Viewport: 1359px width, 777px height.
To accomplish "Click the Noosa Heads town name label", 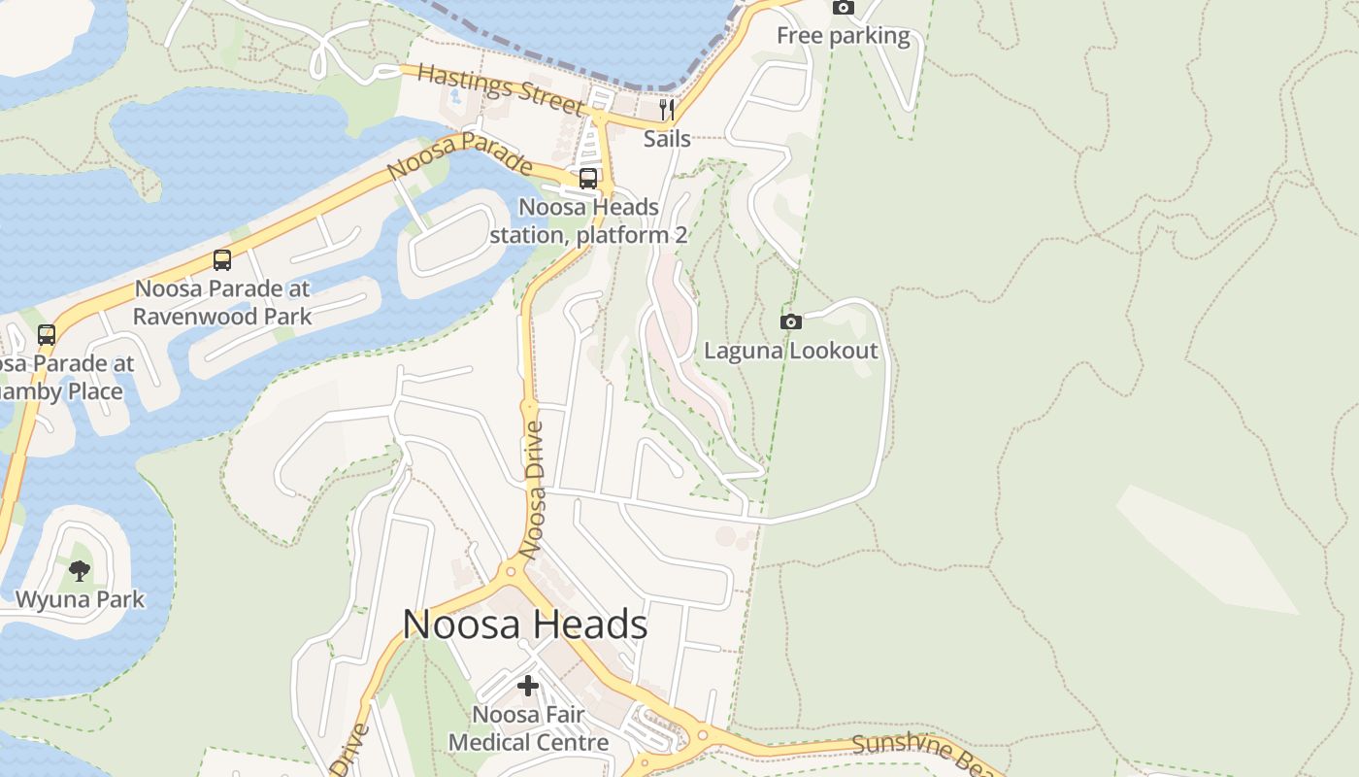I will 525,625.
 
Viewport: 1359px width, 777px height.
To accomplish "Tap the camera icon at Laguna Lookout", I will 791,321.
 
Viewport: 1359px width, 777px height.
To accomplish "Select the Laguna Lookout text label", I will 790,351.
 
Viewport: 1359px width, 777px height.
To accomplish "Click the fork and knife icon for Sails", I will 667,109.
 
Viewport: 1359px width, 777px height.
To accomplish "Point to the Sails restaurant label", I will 667,138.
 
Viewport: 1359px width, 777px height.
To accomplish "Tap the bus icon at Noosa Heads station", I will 588,179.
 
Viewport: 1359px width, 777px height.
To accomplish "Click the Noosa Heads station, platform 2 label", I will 588,221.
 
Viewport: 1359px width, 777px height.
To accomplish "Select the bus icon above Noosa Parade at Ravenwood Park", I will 222,260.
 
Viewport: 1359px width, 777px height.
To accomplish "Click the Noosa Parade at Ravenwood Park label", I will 222,302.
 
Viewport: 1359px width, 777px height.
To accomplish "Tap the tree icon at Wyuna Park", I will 80,570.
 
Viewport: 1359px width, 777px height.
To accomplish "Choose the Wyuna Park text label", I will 80,599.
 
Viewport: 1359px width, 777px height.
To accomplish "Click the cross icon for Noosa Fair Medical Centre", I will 528,687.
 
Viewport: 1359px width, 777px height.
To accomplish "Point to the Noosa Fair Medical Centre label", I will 528,728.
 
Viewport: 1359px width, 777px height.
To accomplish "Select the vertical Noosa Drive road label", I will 532,490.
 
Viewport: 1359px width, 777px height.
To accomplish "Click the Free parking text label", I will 843,37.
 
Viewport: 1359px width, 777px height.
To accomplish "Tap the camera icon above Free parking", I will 844,8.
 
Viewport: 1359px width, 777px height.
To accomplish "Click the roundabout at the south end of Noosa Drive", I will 511,571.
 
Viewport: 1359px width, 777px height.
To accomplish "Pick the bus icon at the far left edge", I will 46,335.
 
